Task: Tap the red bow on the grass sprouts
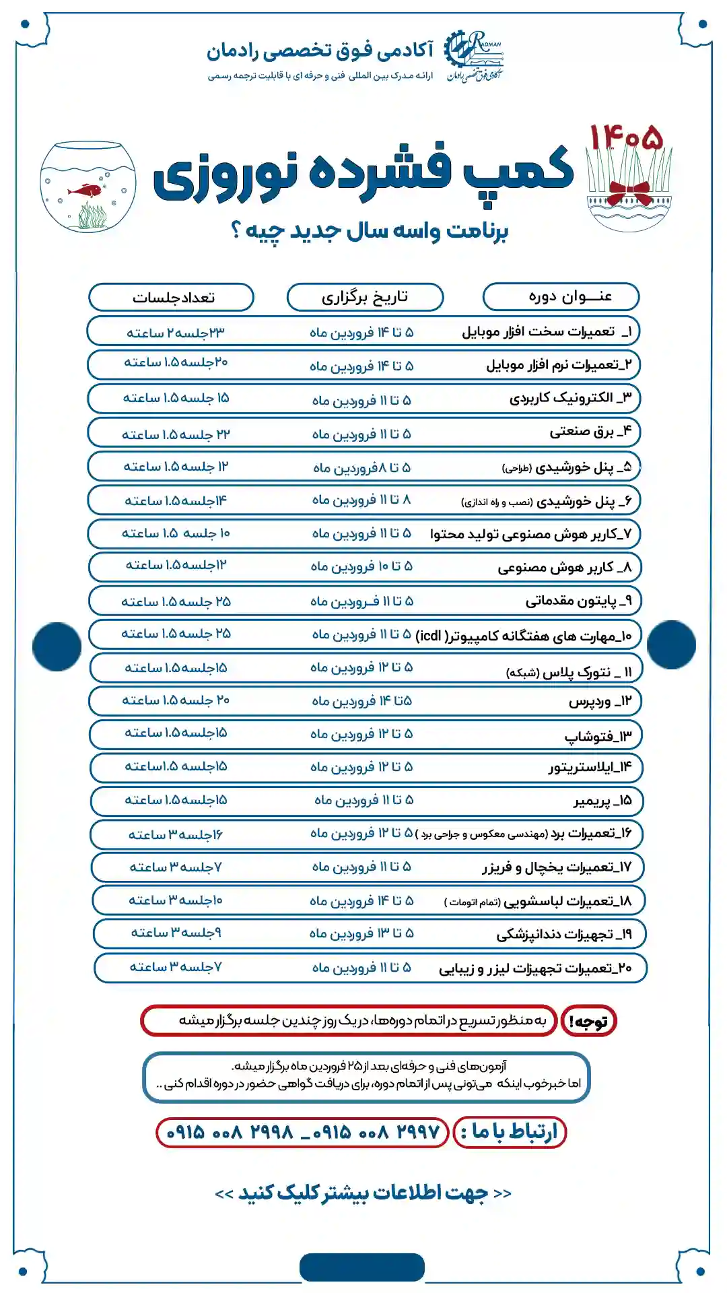(x=629, y=193)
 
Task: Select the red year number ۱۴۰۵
(x=627, y=138)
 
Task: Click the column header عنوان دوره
(x=561, y=297)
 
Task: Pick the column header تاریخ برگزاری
(x=365, y=297)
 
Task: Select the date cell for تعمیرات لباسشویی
(x=361, y=900)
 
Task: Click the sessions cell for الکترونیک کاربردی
(x=176, y=398)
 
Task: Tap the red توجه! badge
(x=589, y=1021)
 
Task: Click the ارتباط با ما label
(x=510, y=1132)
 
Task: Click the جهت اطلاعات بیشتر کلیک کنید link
(x=363, y=1193)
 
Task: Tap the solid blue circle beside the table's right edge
(x=671, y=645)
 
